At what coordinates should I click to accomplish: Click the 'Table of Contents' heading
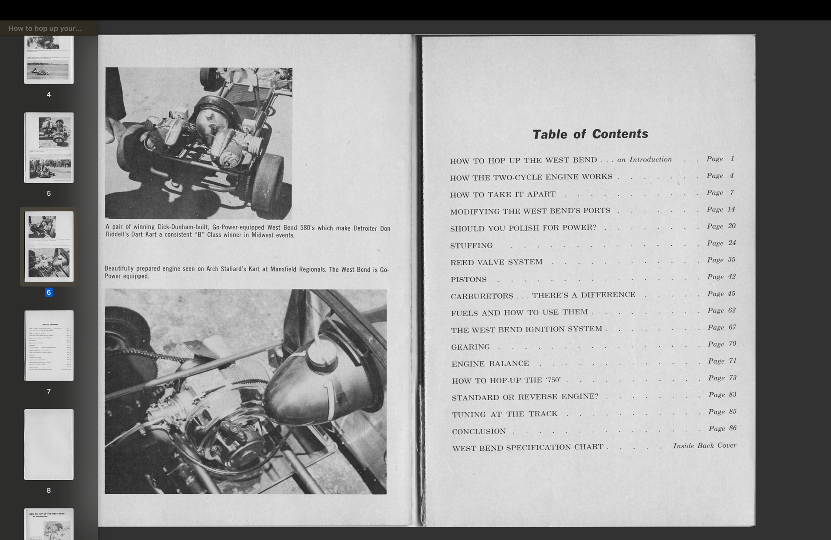click(590, 134)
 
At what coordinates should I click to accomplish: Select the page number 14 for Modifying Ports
click(731, 209)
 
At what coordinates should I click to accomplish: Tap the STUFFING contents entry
click(471, 246)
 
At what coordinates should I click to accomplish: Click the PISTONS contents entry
click(468, 279)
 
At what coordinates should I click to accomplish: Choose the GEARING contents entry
click(471, 347)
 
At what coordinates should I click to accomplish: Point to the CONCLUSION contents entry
click(479, 431)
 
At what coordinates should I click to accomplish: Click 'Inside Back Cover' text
click(705, 446)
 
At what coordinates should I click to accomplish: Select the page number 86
click(732, 428)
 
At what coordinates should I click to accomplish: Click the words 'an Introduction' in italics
click(644, 159)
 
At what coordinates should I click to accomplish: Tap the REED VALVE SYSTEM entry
click(496, 262)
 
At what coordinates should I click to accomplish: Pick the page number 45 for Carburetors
click(732, 293)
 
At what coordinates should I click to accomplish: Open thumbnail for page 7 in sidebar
click(49, 345)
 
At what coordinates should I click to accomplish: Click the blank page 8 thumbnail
click(49, 444)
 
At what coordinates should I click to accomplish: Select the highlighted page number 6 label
click(49, 293)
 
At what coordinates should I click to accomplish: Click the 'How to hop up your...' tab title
click(45, 28)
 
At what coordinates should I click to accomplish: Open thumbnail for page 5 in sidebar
click(49, 147)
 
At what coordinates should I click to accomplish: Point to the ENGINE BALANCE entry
click(490, 364)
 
